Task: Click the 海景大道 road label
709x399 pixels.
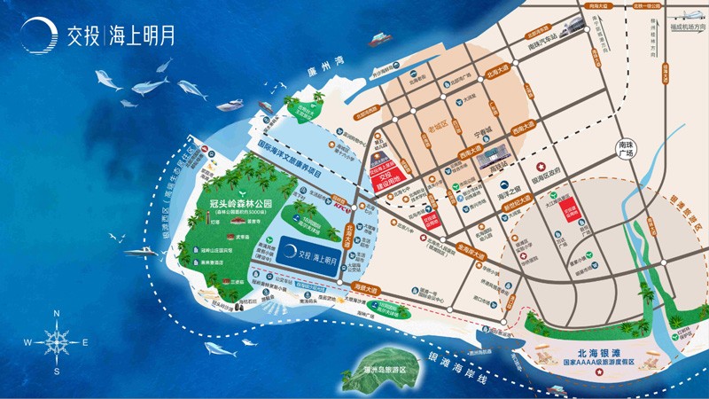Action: point(365,288)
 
